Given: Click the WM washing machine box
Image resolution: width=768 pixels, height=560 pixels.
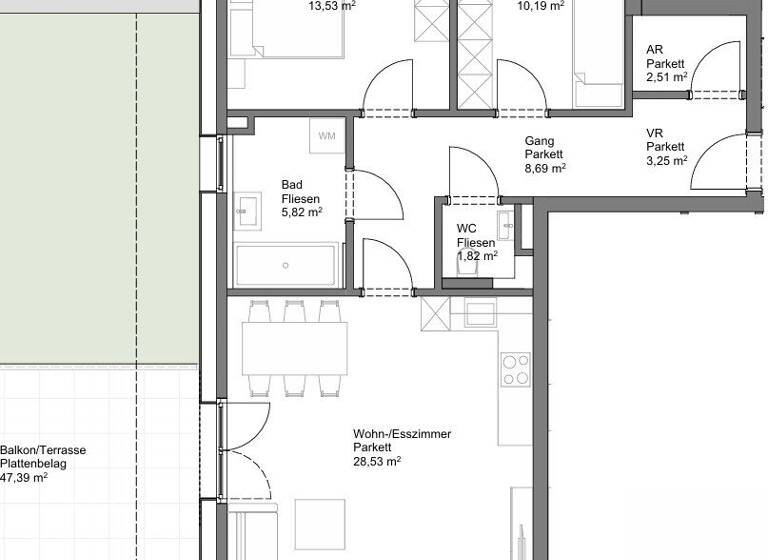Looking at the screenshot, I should point(326,136).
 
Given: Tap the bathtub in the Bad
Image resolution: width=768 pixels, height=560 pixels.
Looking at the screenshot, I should point(287,265).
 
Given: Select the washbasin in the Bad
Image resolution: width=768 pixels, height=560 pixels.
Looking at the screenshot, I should point(246,209).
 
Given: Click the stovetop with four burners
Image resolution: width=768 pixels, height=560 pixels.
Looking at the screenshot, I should point(516,369).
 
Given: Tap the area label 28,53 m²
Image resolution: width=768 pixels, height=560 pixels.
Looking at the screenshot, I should point(376,462).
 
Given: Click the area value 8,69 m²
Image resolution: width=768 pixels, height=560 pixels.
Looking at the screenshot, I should point(545,169).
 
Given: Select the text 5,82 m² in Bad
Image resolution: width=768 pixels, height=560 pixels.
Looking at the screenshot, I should point(301,212).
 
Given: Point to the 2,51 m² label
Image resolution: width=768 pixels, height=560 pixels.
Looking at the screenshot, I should point(666,77).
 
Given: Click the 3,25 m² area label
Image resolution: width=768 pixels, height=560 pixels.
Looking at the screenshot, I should point(666,161).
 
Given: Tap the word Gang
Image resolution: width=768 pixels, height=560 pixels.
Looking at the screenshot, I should point(539,141).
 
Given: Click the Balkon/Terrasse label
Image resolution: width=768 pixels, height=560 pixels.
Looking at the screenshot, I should point(43,450).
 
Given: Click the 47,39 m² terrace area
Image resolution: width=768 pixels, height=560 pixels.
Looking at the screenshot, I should point(24,478).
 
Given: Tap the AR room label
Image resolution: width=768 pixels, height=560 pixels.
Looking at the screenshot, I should point(655,49).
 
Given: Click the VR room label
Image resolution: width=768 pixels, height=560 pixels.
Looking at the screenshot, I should point(655,133).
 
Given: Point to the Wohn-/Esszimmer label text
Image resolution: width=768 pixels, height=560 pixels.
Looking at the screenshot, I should point(402,434).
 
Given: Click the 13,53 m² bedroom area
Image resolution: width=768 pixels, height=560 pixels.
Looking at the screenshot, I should point(332,5).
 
